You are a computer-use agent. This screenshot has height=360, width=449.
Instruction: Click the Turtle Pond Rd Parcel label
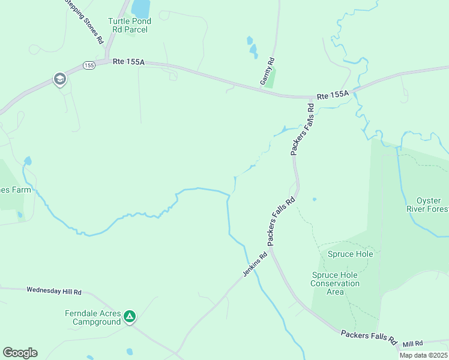pyautogui.click(x=129, y=25)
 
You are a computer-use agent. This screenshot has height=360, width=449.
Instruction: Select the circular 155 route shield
pyautogui.click(x=89, y=65)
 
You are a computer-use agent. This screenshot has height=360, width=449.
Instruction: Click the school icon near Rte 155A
pyautogui.click(x=59, y=79)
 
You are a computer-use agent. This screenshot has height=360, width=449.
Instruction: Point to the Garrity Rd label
pyautogui.click(x=267, y=71)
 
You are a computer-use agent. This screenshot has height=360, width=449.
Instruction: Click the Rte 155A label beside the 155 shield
pyautogui.click(x=128, y=62)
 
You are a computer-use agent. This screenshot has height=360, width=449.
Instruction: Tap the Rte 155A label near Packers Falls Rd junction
pyautogui.click(x=332, y=95)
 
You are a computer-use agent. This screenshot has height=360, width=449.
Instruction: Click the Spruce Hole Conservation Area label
pyautogui.click(x=335, y=283)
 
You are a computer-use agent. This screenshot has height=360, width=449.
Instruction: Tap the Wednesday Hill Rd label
pyautogui.click(x=53, y=291)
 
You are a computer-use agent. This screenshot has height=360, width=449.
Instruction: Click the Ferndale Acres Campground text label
pyautogui.click(x=93, y=318)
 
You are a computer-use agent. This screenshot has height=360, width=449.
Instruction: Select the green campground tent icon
pyautogui.click(x=130, y=316)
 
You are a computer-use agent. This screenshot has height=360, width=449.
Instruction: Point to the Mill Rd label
pyautogui.click(x=412, y=343)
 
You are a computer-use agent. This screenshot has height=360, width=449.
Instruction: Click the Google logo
pyautogui.click(x=20, y=353)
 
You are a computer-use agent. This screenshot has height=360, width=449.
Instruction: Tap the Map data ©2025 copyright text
pyautogui.click(x=423, y=355)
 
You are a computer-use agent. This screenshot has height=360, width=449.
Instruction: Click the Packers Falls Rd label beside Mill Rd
pyautogui.click(x=369, y=337)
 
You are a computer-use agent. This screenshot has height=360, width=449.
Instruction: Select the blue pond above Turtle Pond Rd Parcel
pyautogui.click(x=141, y=8)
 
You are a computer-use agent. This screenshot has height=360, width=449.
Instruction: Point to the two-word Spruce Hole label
pyautogui.click(x=350, y=254)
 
